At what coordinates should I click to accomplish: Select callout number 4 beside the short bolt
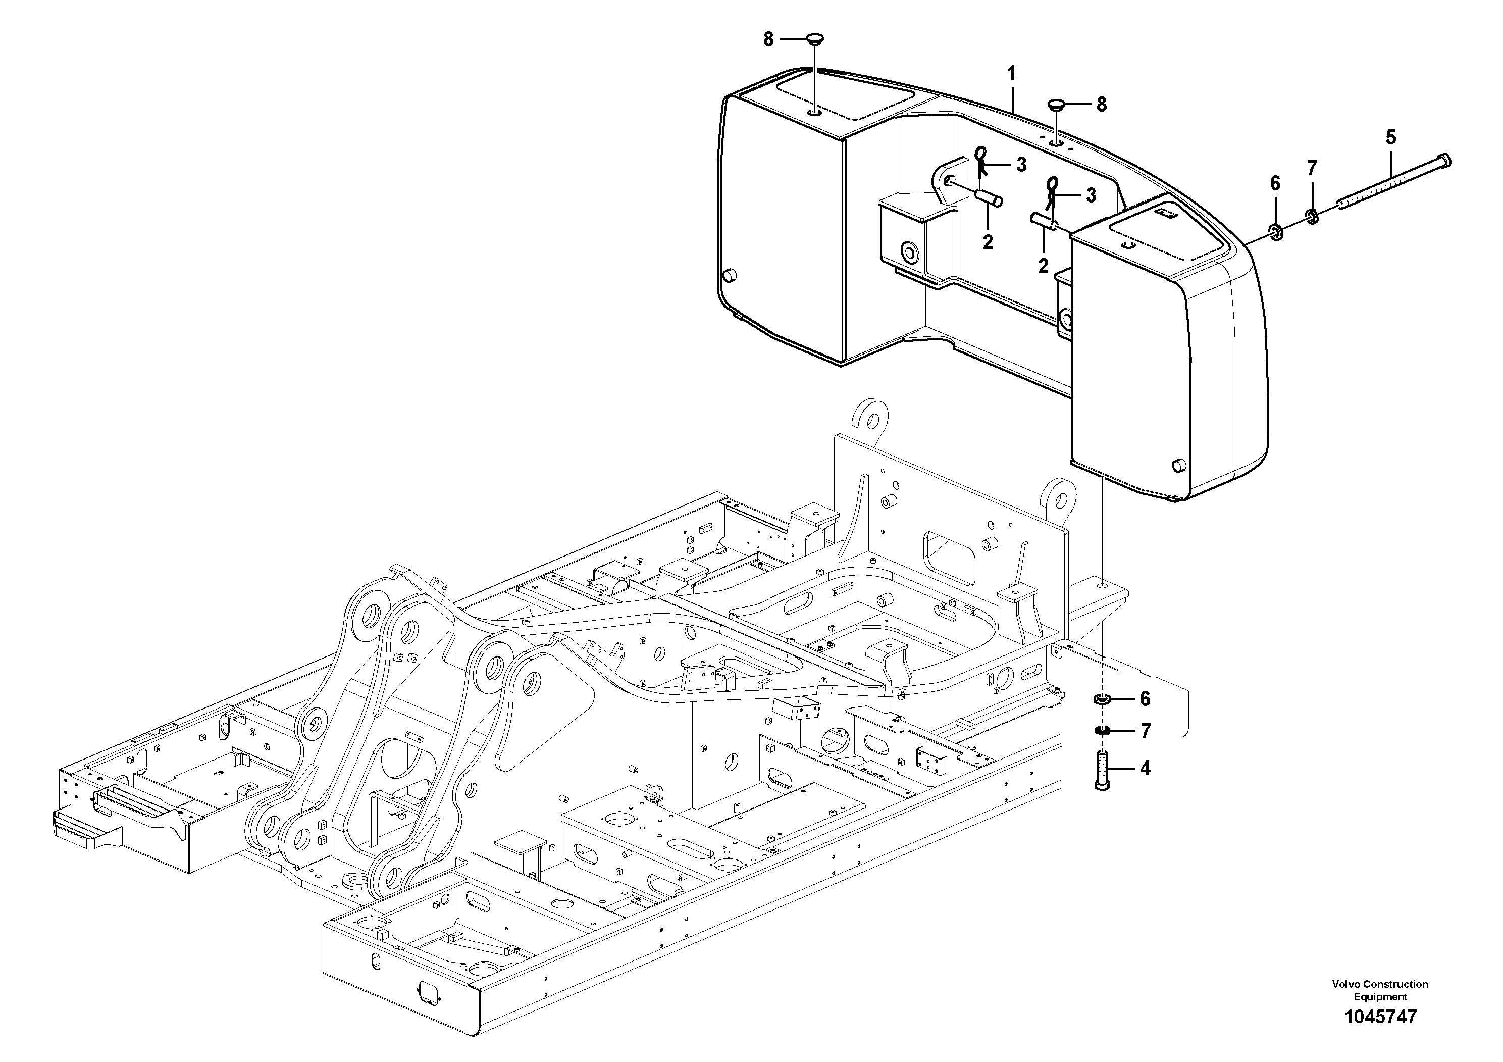(1145, 768)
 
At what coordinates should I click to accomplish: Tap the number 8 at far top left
(768, 40)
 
